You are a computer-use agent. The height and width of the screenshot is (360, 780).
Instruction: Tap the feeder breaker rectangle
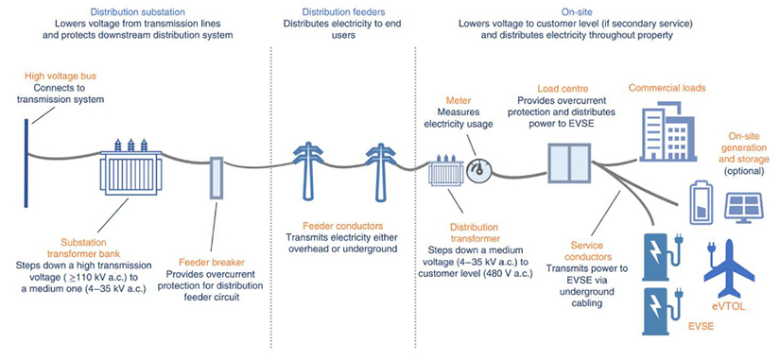(x=215, y=177)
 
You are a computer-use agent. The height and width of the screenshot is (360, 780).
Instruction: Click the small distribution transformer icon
(x=443, y=173)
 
